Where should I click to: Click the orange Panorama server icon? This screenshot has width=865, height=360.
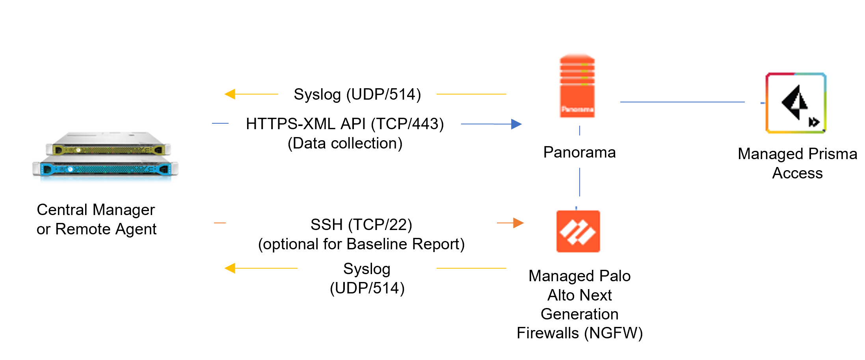[x=577, y=86]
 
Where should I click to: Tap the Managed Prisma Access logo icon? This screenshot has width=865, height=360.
[x=796, y=103]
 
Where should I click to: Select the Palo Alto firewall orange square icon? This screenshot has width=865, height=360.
[x=578, y=231]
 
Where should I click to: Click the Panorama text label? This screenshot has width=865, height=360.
[x=579, y=152]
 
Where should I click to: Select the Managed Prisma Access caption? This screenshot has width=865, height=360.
[x=797, y=163]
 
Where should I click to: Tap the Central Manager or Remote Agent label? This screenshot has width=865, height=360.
[x=96, y=219]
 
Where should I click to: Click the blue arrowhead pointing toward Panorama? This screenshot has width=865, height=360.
[x=516, y=124]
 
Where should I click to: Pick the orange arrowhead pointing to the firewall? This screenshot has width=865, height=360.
[x=518, y=223]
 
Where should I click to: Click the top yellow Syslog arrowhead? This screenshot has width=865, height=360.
[x=230, y=94]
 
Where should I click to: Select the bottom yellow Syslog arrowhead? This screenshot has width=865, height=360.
[x=230, y=268]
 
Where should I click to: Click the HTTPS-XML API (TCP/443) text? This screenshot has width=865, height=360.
[x=345, y=124]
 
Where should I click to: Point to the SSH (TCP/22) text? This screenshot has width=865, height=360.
[x=361, y=225]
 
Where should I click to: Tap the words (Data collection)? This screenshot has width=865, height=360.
[x=345, y=143]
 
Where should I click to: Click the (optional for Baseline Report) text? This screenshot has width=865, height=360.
[x=361, y=244]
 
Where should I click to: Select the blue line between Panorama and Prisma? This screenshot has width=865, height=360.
[x=682, y=102]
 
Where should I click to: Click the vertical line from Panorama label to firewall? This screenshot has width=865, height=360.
[x=580, y=182]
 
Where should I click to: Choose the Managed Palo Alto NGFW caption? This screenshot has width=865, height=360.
[x=580, y=304]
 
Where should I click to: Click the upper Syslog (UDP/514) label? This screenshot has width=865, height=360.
[x=357, y=94]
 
